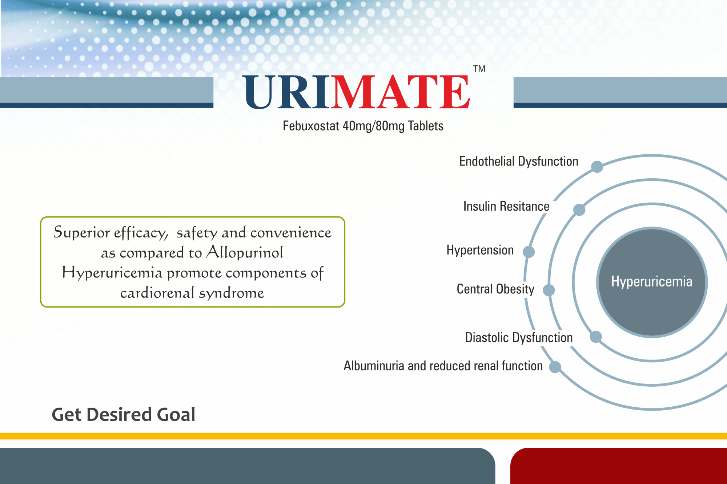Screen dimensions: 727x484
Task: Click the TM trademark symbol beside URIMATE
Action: pyautogui.click(x=479, y=69)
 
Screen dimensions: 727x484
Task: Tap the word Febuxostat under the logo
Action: pyautogui.click(x=311, y=126)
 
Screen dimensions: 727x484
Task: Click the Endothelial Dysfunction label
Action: pyautogui.click(x=519, y=161)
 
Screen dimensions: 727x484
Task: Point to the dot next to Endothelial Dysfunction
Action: pyautogui.click(x=597, y=167)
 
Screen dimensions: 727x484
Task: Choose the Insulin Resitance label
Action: pyautogui.click(x=506, y=206)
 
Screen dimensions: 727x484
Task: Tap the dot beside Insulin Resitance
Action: pyautogui.click(x=579, y=210)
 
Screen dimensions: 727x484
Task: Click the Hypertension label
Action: pyautogui.click(x=480, y=250)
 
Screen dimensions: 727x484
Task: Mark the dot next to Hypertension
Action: pyautogui.click(x=529, y=251)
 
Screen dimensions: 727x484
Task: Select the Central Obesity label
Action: pyautogui.click(x=495, y=289)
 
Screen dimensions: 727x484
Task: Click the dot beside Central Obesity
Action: pyautogui.click(x=549, y=290)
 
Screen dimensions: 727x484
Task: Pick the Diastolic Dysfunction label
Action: pyautogui.click(x=519, y=337)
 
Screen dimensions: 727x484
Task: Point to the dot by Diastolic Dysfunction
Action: pyautogui.click(x=595, y=337)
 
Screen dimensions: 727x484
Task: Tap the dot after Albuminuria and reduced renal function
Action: pyautogui.click(x=555, y=367)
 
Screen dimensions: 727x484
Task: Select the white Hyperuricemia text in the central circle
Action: pyautogui.click(x=652, y=282)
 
